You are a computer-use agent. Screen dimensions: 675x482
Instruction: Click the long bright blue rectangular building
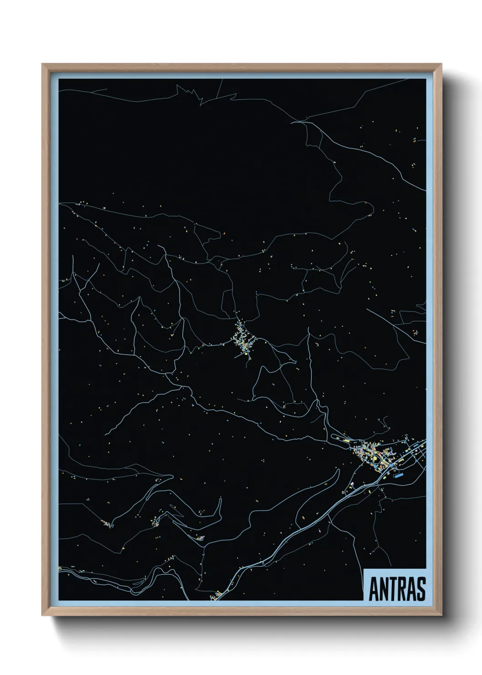(x=400, y=475)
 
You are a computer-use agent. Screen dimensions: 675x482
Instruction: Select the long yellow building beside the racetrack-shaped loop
(x=347, y=441)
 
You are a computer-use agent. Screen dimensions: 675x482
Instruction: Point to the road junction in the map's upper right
(x=301, y=122)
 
